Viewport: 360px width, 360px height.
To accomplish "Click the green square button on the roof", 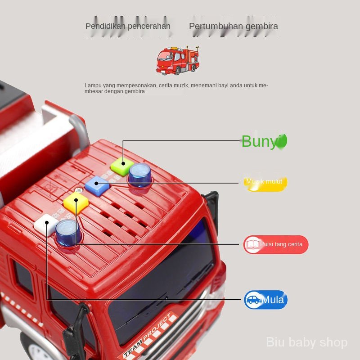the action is [122, 166].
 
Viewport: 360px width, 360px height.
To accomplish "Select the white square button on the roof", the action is [46, 223].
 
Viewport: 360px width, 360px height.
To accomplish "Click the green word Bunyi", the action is [264, 141].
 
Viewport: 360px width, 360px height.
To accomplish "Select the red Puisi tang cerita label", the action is [276, 244].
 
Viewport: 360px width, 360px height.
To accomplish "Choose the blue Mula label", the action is [265, 300].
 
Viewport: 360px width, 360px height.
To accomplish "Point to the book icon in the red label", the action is [253, 244].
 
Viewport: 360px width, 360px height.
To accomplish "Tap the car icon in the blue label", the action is [253, 300].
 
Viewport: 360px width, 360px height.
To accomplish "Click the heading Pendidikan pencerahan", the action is [128, 26].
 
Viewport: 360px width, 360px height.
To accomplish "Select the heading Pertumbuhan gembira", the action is [233, 26].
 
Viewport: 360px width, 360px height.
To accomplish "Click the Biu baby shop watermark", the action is [307, 342].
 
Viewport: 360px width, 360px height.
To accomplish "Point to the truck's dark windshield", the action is [166, 279].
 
